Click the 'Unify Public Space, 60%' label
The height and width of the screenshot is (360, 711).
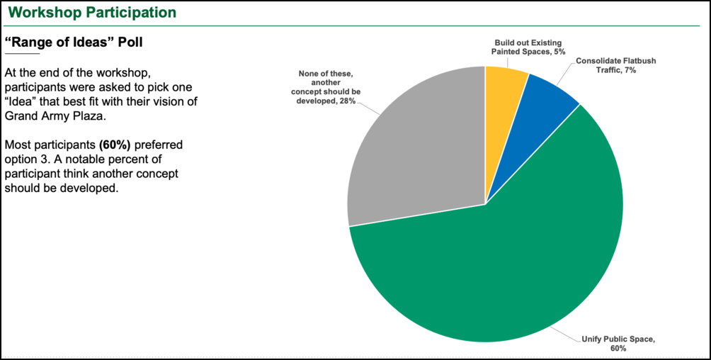tap(618, 344)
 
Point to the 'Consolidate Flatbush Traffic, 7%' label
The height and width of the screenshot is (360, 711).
tap(605, 65)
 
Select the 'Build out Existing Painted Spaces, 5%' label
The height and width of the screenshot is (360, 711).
tap(528, 47)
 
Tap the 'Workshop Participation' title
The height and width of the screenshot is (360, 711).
tap(92, 12)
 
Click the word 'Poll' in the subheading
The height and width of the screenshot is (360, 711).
tap(127, 43)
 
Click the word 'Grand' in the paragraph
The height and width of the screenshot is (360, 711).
tap(21, 116)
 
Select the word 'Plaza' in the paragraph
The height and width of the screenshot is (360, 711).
tap(89, 116)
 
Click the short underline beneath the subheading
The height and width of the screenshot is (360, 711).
tap(22, 54)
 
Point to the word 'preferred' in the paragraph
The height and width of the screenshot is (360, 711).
tap(159, 145)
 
